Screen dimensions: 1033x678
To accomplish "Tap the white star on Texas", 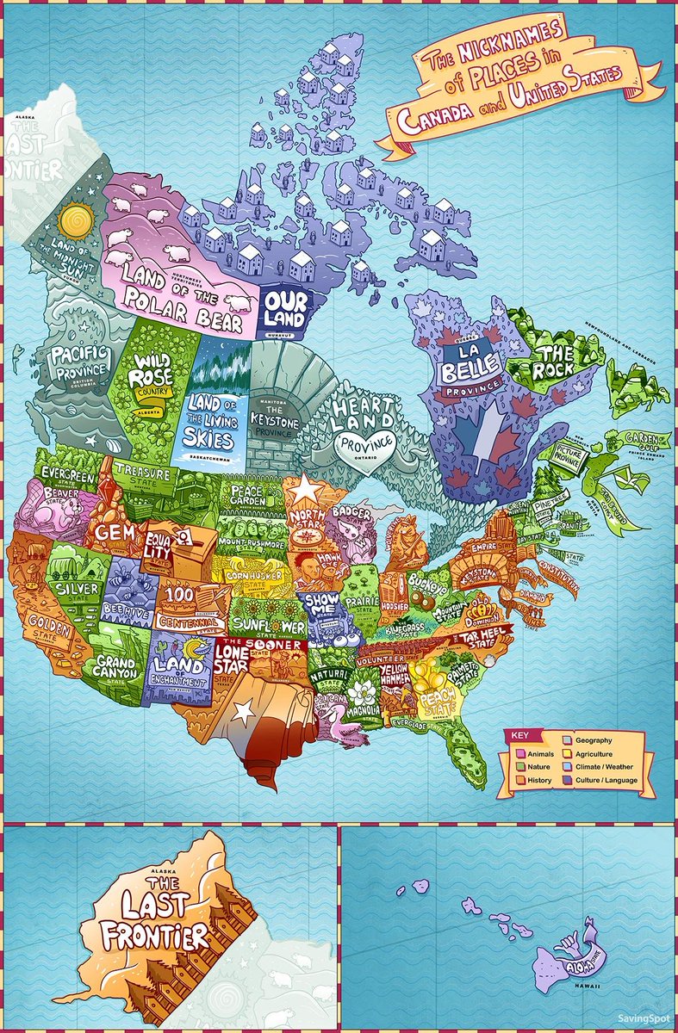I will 245,712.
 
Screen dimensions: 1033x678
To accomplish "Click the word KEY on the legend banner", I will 519,737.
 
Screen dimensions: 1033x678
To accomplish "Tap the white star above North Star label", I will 306,490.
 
